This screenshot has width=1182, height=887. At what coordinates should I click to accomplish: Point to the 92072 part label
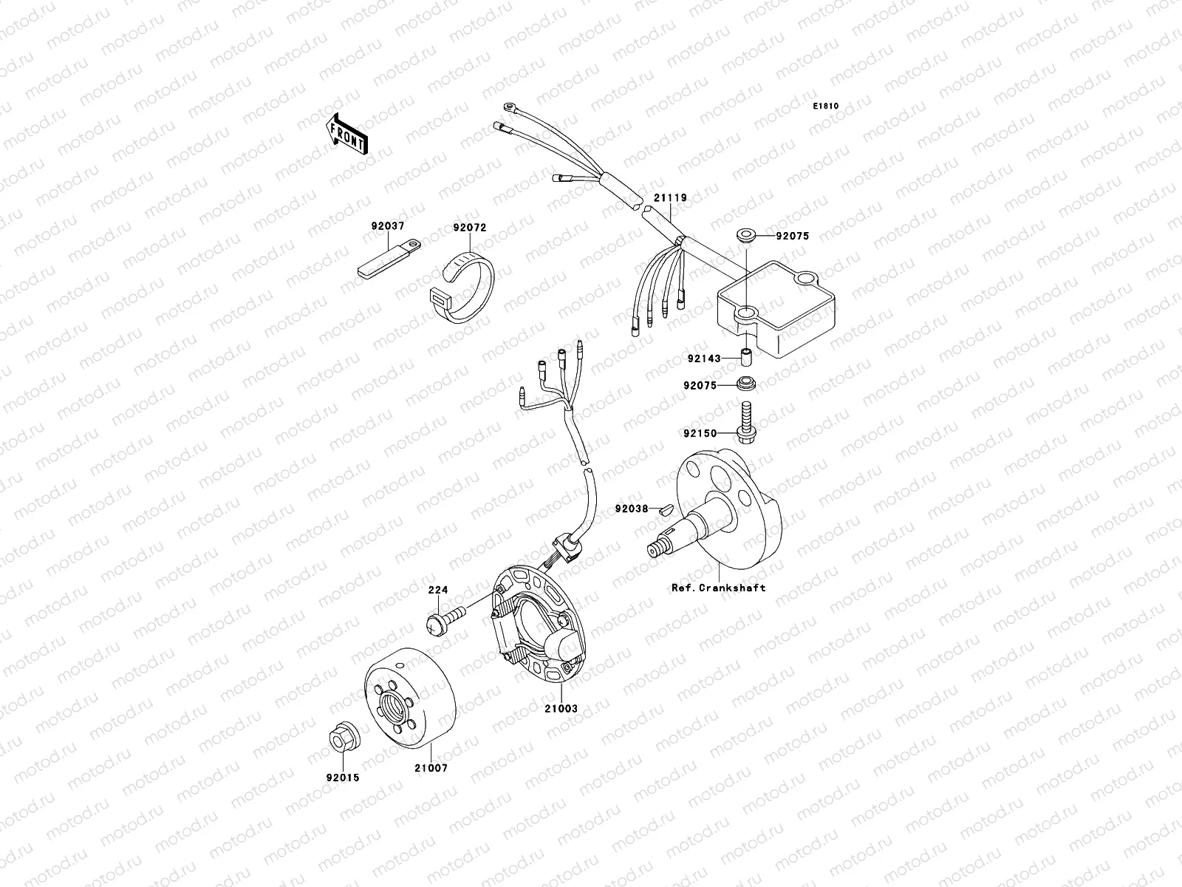(x=470, y=228)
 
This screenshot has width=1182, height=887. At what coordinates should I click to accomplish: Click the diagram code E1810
(x=826, y=106)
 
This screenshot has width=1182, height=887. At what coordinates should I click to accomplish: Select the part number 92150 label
(x=700, y=433)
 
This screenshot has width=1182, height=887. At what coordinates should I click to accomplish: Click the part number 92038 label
(x=631, y=509)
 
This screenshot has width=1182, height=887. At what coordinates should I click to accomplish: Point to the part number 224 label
(x=439, y=591)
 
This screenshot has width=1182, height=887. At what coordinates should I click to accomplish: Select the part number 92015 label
(x=341, y=778)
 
